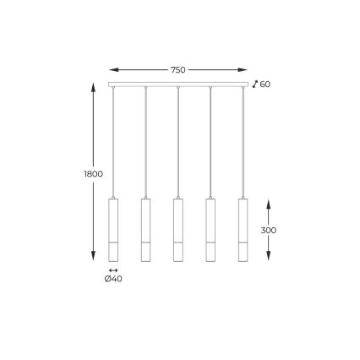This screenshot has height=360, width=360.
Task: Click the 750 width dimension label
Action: click(177, 70)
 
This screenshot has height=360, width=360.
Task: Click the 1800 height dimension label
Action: click(94, 173)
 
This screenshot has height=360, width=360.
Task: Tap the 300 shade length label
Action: click(268, 230)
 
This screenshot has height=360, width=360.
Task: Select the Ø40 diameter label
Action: click(113, 279)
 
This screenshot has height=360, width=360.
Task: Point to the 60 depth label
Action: click(265, 85)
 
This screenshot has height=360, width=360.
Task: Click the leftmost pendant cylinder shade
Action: click(113, 229)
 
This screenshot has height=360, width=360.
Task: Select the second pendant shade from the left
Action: click(145, 229)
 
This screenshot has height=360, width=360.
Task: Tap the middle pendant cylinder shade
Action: click(178, 229)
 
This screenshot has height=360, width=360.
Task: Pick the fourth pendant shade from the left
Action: click(210, 229)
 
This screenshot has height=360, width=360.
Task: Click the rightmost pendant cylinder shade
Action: click(243, 229)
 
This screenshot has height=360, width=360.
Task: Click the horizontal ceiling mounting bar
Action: click(178, 85)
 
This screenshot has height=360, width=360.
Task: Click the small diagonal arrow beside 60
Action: click(255, 84)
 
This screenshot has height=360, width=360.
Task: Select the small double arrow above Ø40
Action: click(113, 270)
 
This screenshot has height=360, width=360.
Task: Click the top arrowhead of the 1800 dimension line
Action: click(93, 85)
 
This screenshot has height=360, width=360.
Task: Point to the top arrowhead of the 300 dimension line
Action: click(269, 203)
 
